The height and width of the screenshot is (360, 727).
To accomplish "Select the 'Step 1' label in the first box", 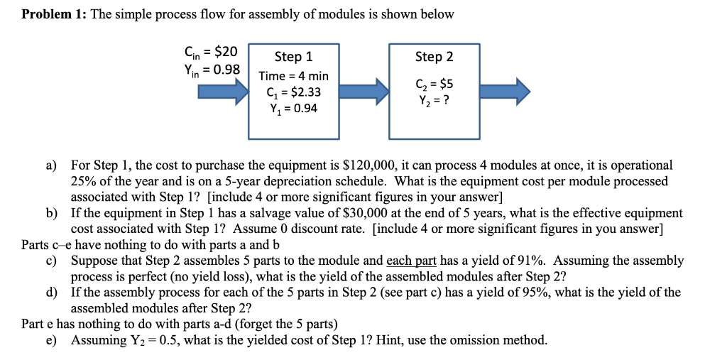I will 293,57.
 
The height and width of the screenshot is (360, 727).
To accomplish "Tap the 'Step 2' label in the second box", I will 434,56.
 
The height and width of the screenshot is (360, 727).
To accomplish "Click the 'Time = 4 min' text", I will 293,75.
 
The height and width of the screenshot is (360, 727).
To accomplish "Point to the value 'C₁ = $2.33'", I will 293,92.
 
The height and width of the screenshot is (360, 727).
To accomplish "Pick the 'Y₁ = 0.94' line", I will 293,108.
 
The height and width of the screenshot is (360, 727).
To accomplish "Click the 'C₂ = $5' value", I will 434,84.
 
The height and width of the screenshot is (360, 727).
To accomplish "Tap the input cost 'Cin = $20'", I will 211,52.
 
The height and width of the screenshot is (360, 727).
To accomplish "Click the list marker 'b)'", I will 52,213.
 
